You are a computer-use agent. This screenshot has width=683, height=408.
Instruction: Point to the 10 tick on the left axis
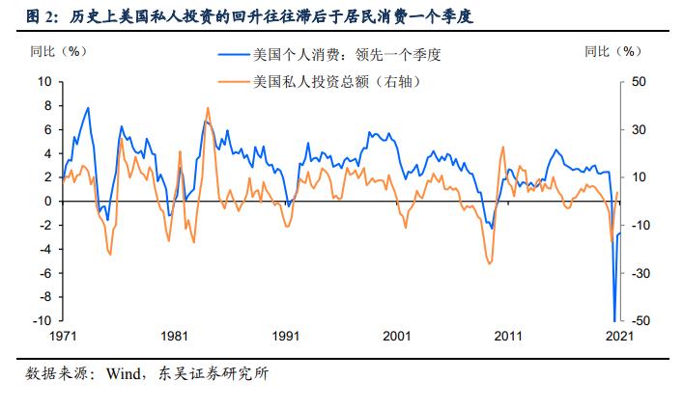44,81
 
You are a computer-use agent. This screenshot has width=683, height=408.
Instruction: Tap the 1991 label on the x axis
287,337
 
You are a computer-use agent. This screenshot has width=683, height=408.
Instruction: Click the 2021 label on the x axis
618,337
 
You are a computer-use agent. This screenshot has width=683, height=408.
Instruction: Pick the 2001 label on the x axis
398,337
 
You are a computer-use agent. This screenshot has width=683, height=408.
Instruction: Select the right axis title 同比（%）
613,51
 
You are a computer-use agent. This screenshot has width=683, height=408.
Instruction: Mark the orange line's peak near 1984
209,108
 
